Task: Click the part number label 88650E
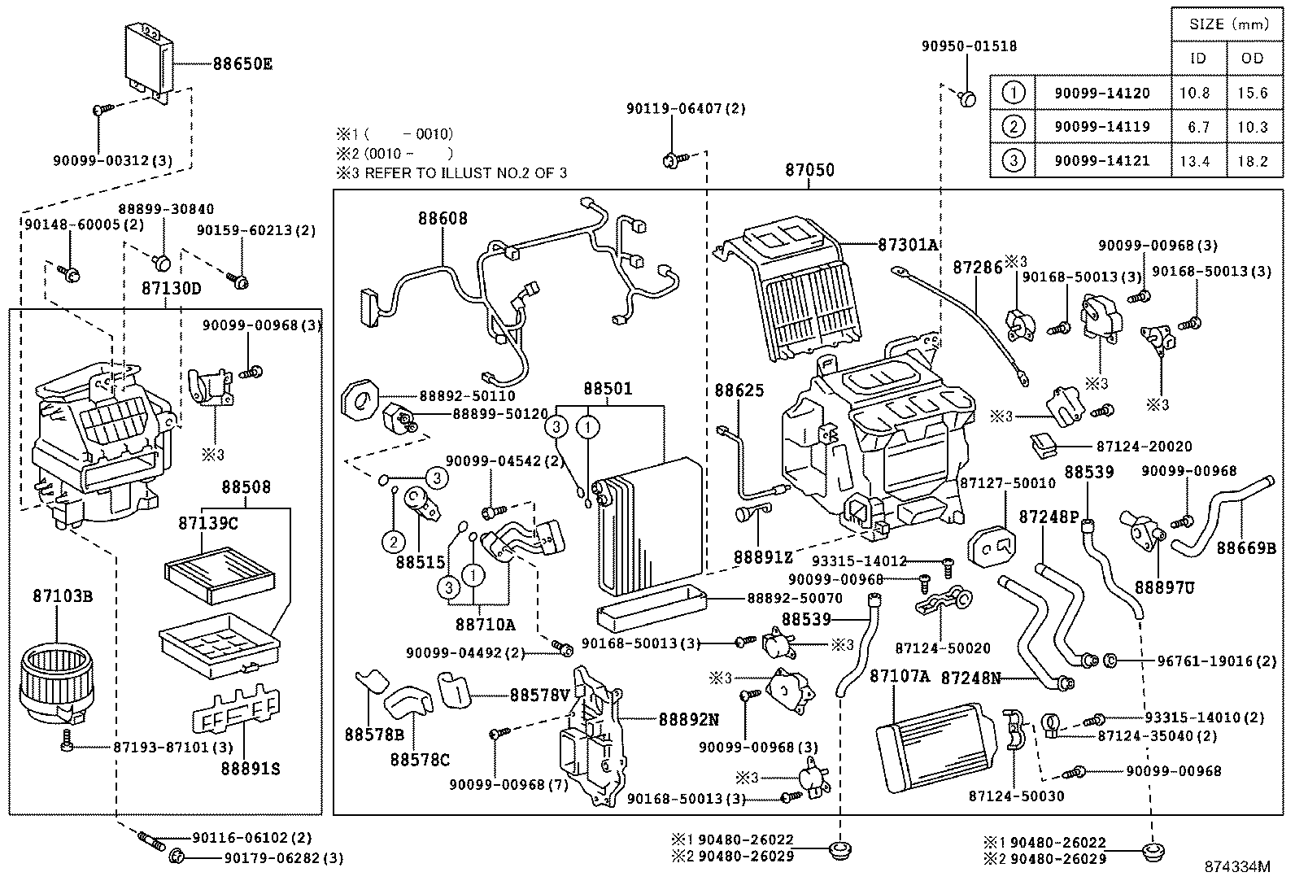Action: pyautogui.click(x=242, y=63)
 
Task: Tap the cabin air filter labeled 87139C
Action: pyautogui.click(x=220, y=574)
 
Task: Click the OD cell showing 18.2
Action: pyautogui.click(x=1252, y=161)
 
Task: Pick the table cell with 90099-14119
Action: pyautogui.click(x=1102, y=127)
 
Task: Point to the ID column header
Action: pyautogui.click(x=1198, y=59)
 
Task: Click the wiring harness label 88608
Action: pyautogui.click(x=443, y=219)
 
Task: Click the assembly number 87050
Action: pyautogui.click(x=809, y=170)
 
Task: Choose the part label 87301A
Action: pyautogui.click(x=908, y=245)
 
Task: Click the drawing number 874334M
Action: pyautogui.click(x=1237, y=866)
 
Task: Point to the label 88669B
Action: pyautogui.click(x=1246, y=548)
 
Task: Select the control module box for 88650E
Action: pyautogui.click(x=149, y=62)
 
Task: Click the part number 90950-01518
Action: pyautogui.click(x=969, y=46)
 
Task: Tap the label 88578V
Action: pyautogui.click(x=539, y=695)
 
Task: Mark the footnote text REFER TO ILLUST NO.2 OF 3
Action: pyautogui.click(x=466, y=173)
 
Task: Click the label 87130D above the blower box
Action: pyautogui.click(x=172, y=288)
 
